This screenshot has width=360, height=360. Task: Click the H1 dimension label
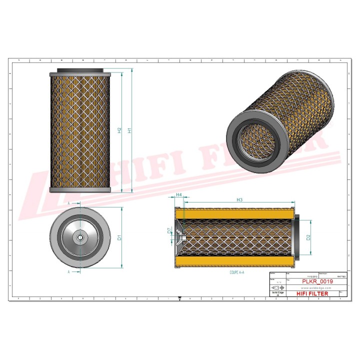(130, 130)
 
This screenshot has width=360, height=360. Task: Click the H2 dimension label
(119, 130)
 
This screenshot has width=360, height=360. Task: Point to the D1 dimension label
(119, 237)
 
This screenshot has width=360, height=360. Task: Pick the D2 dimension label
(308, 237)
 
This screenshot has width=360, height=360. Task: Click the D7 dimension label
(169, 230)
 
